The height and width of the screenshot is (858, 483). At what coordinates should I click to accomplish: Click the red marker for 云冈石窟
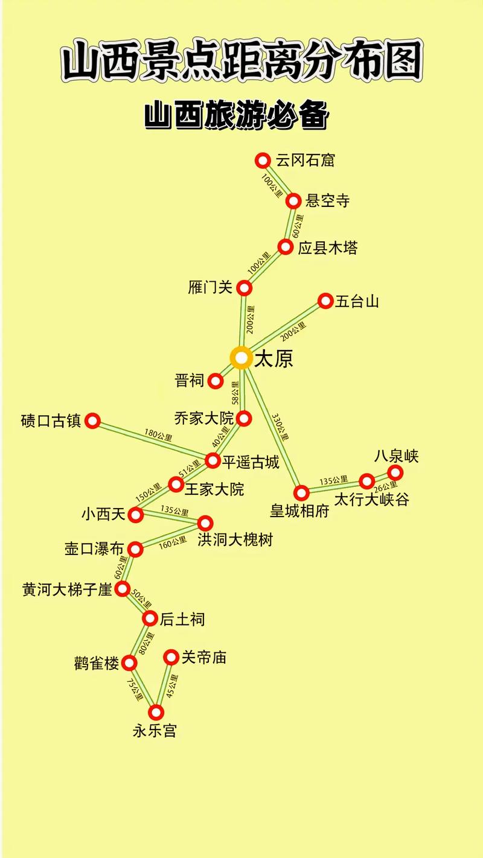point(262,160)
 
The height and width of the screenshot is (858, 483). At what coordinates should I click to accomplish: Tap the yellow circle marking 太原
point(241,358)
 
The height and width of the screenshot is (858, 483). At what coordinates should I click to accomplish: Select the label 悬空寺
point(328,201)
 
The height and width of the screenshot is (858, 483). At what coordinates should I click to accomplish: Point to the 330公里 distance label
point(278,427)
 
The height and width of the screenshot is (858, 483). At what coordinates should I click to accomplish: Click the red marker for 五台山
point(325,300)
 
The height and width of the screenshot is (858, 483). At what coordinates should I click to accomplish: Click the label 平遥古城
point(251,462)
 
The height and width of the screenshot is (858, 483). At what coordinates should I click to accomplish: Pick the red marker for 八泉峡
point(395,472)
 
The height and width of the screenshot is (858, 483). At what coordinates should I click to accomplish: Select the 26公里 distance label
point(386,486)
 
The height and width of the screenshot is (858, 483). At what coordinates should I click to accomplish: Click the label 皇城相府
point(299,511)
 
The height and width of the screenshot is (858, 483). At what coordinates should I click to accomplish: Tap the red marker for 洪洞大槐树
point(205,523)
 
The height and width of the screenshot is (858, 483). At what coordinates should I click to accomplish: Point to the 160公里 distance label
point(173,542)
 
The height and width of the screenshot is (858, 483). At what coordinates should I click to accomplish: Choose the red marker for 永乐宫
point(156,713)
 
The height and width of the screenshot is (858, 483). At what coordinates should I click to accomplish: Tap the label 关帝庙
point(203,657)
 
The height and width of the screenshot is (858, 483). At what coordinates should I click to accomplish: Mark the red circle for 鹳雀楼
point(129,664)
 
